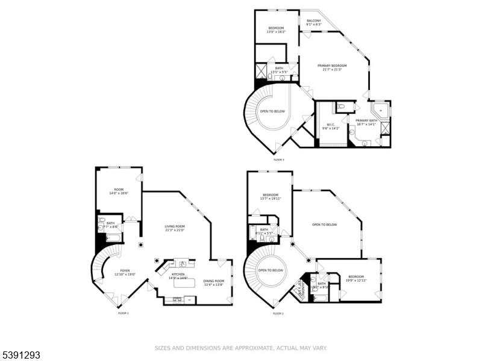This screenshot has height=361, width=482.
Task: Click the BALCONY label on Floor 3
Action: [314, 21]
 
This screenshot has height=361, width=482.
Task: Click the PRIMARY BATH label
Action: [366, 121]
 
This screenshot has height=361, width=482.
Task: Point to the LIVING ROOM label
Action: [175, 226]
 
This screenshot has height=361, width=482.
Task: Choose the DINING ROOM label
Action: [213, 281]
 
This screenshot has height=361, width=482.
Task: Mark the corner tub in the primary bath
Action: [381, 110]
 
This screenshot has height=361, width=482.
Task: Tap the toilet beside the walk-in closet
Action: [341, 106]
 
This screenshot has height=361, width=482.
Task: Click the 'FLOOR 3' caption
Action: [279, 159]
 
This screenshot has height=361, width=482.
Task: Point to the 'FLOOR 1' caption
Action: [124, 313]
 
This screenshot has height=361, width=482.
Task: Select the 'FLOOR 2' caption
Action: [278, 313]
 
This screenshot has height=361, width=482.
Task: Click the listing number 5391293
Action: [21, 355]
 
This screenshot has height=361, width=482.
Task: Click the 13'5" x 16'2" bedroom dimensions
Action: [276, 32]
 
